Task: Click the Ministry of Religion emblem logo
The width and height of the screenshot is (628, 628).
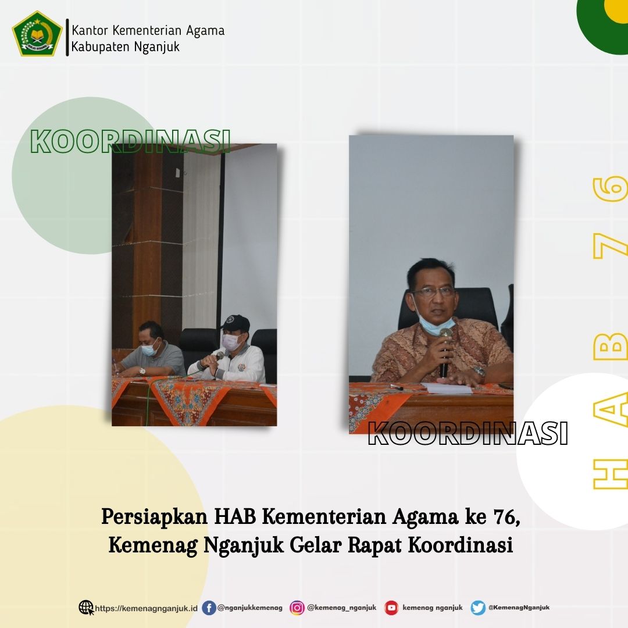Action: pyautogui.click(x=37, y=34)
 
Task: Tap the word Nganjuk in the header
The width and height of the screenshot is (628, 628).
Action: pyautogui.click(x=157, y=47)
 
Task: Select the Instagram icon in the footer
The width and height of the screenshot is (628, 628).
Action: pyautogui.click(x=297, y=608)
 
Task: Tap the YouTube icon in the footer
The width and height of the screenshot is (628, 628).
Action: pyautogui.click(x=392, y=608)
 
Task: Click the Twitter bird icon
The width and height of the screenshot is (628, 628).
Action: pyautogui.click(x=478, y=608)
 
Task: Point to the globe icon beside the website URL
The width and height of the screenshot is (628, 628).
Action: pyautogui.click(x=86, y=608)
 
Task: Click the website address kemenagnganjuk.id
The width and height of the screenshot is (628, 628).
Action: pyautogui.click(x=147, y=608)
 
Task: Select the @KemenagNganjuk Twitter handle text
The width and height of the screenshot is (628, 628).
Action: pyautogui.click(x=519, y=608)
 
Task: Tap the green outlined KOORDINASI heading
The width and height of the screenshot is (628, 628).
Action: pyautogui.click(x=130, y=141)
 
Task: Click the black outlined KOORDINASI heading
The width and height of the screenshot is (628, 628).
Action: pyautogui.click(x=468, y=433)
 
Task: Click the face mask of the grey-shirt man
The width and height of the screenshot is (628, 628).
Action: pyautogui.click(x=149, y=349)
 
